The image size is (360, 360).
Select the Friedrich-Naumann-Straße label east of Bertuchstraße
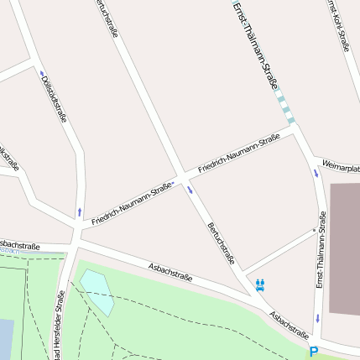click(x=238, y=154)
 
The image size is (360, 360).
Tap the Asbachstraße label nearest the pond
click(x=170, y=271)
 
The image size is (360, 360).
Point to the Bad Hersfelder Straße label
click(x=60, y=327)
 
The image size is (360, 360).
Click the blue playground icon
click(x=260, y=284)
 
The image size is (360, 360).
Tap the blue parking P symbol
click(x=314, y=352)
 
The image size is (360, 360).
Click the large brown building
click(x=344, y=248)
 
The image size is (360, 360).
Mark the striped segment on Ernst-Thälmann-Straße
click(x=286, y=107)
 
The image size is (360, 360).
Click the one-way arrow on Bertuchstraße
click(x=190, y=189)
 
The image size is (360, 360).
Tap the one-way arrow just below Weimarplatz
click(x=316, y=174)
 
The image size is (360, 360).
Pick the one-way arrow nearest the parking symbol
click(x=318, y=319)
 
